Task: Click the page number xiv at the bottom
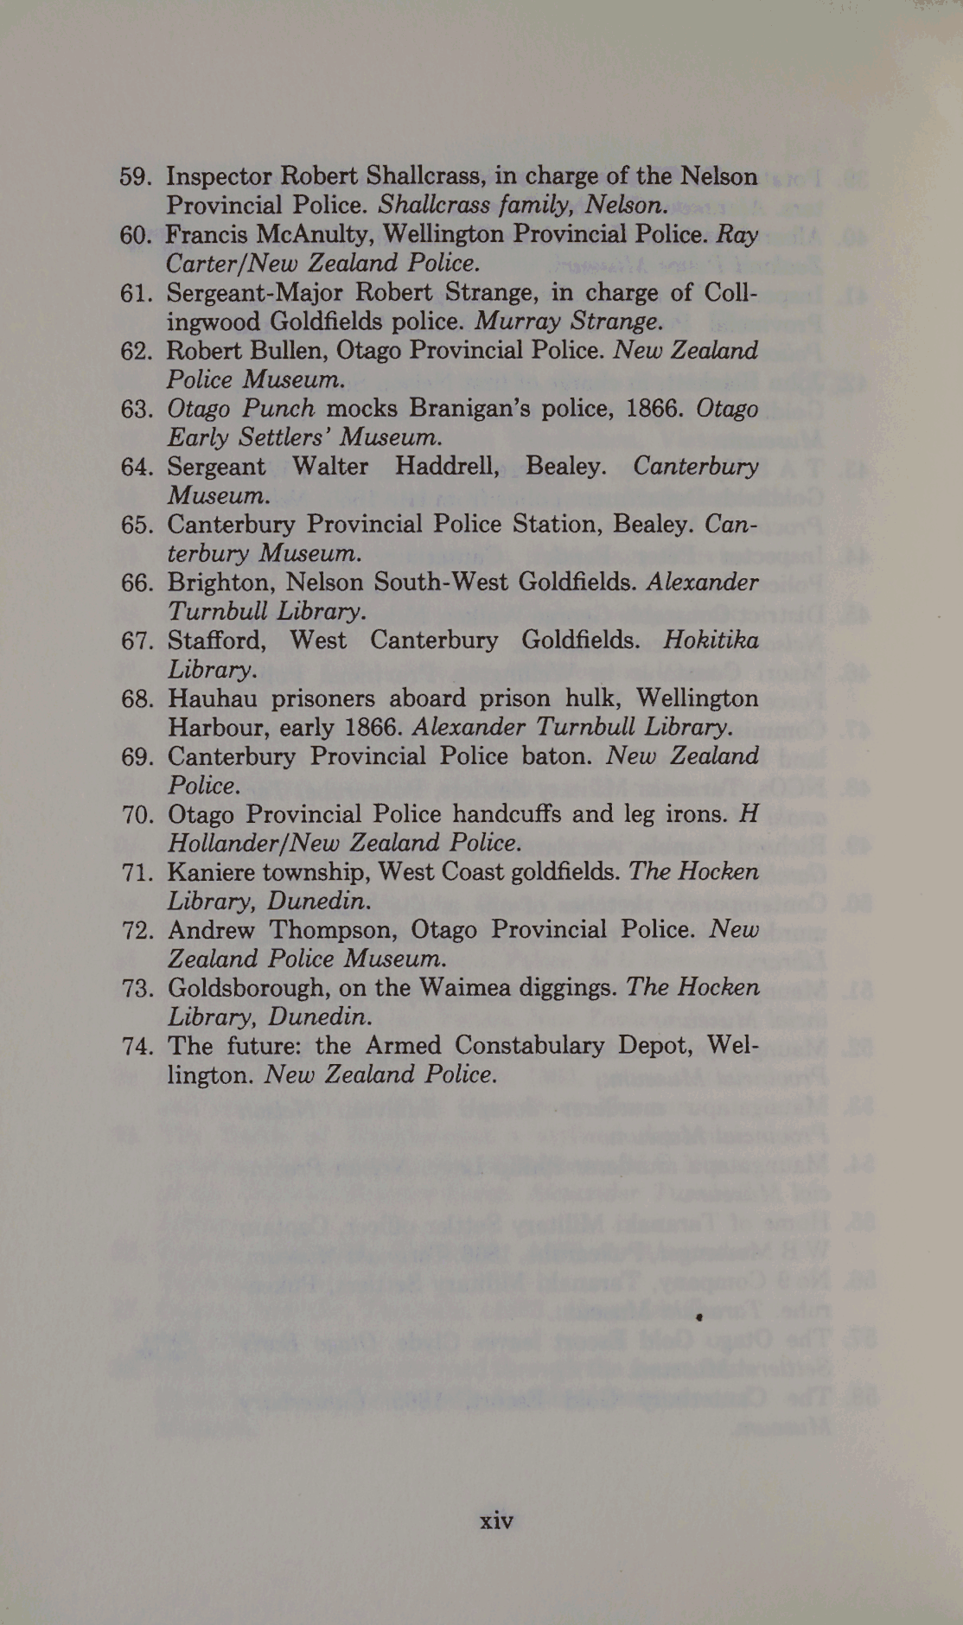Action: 496,1520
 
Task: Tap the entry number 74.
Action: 137,1046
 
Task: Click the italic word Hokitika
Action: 711,640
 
